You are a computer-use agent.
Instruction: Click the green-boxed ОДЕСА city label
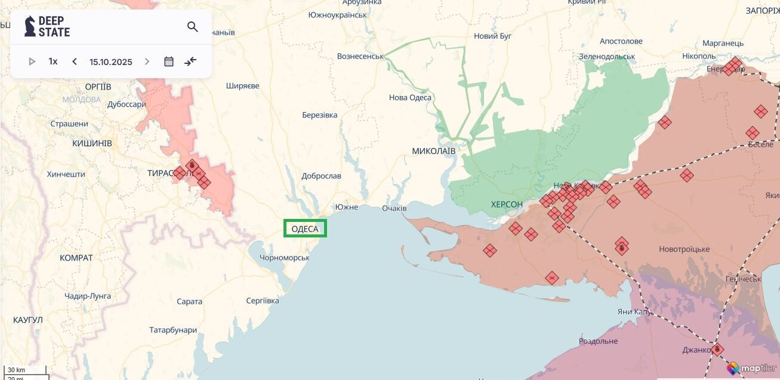[305, 228]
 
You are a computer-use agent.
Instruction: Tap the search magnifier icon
[192, 27]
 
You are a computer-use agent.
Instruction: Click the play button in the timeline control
[32, 61]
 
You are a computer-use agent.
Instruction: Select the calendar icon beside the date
[169, 61]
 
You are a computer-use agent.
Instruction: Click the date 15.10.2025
[111, 61]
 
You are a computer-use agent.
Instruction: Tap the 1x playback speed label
[53, 61]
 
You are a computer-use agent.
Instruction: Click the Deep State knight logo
[30, 26]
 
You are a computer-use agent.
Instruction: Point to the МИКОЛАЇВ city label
[433, 151]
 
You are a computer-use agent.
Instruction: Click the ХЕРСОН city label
[507, 205]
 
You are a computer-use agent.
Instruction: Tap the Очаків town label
[394, 208]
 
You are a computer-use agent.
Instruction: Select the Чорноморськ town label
[285, 258]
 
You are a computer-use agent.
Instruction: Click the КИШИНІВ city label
[92, 144]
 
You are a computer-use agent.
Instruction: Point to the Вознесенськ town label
[360, 56]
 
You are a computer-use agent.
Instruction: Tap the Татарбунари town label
[173, 330]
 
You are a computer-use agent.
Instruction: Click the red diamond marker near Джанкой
[717, 350]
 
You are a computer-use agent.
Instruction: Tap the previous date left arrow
[75, 61]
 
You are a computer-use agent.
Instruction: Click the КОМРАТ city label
[76, 258]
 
